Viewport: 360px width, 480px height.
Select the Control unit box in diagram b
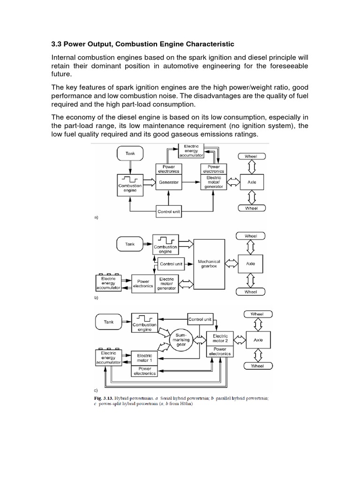(x=171, y=264)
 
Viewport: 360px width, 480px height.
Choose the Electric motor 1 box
(x=144, y=358)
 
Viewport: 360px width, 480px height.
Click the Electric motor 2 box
(x=220, y=338)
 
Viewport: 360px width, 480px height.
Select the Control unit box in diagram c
(x=200, y=319)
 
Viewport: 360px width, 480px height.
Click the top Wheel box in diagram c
(x=257, y=314)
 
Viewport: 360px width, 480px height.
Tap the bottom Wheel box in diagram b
(x=251, y=292)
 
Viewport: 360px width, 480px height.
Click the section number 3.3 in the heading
(x=57, y=44)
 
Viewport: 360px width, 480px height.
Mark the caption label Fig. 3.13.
(x=104, y=399)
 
